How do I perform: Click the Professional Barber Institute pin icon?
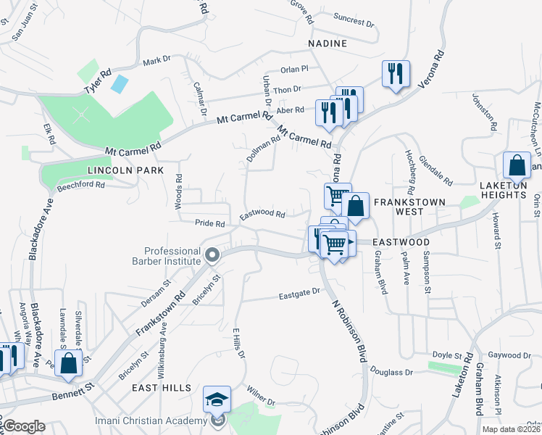212,254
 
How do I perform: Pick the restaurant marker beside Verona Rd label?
396,75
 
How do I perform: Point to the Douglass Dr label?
391,372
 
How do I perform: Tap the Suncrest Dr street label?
354,20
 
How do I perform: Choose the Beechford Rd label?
81,185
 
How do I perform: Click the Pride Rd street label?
210,223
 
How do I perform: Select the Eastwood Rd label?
262,214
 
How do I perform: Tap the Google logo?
24,426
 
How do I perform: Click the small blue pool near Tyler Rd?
119,83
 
